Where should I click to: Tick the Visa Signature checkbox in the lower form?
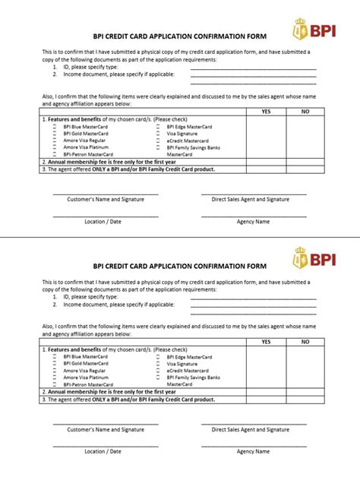click(158, 364)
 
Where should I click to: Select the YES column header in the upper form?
click(266, 112)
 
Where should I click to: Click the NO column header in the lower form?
click(305, 342)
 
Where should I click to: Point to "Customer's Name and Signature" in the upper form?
click(105, 199)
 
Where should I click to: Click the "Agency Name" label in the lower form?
click(253, 451)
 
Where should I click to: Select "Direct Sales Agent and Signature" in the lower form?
click(251, 429)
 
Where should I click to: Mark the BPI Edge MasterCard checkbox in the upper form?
click(158, 128)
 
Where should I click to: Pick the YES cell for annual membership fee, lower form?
click(266, 392)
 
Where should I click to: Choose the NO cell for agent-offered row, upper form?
click(305, 169)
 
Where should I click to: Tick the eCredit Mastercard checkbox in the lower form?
click(158, 371)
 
